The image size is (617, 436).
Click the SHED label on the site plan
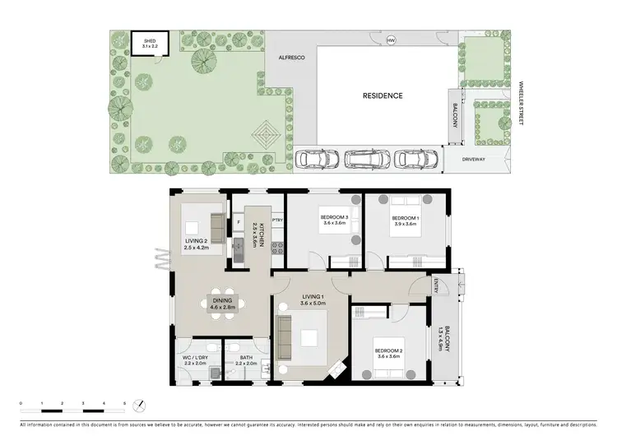(150, 39)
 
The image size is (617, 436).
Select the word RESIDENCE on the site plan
(383, 95)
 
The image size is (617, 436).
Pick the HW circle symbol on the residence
(391, 39)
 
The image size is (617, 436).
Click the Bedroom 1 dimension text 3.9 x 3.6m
(406, 223)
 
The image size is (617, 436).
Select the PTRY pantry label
(277, 220)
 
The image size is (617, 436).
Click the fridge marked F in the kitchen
(239, 220)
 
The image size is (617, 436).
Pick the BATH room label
(246, 359)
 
